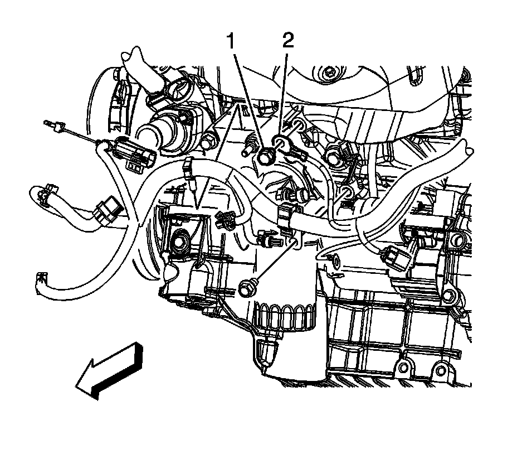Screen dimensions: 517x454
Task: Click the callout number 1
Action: (230, 42)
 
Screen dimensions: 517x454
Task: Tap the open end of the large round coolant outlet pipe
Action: (145, 134)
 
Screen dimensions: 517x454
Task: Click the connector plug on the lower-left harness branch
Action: (105, 212)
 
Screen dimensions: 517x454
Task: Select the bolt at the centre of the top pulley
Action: (329, 71)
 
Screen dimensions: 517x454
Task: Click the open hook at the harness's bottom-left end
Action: (41, 277)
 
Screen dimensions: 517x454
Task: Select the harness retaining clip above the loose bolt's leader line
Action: (286, 214)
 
